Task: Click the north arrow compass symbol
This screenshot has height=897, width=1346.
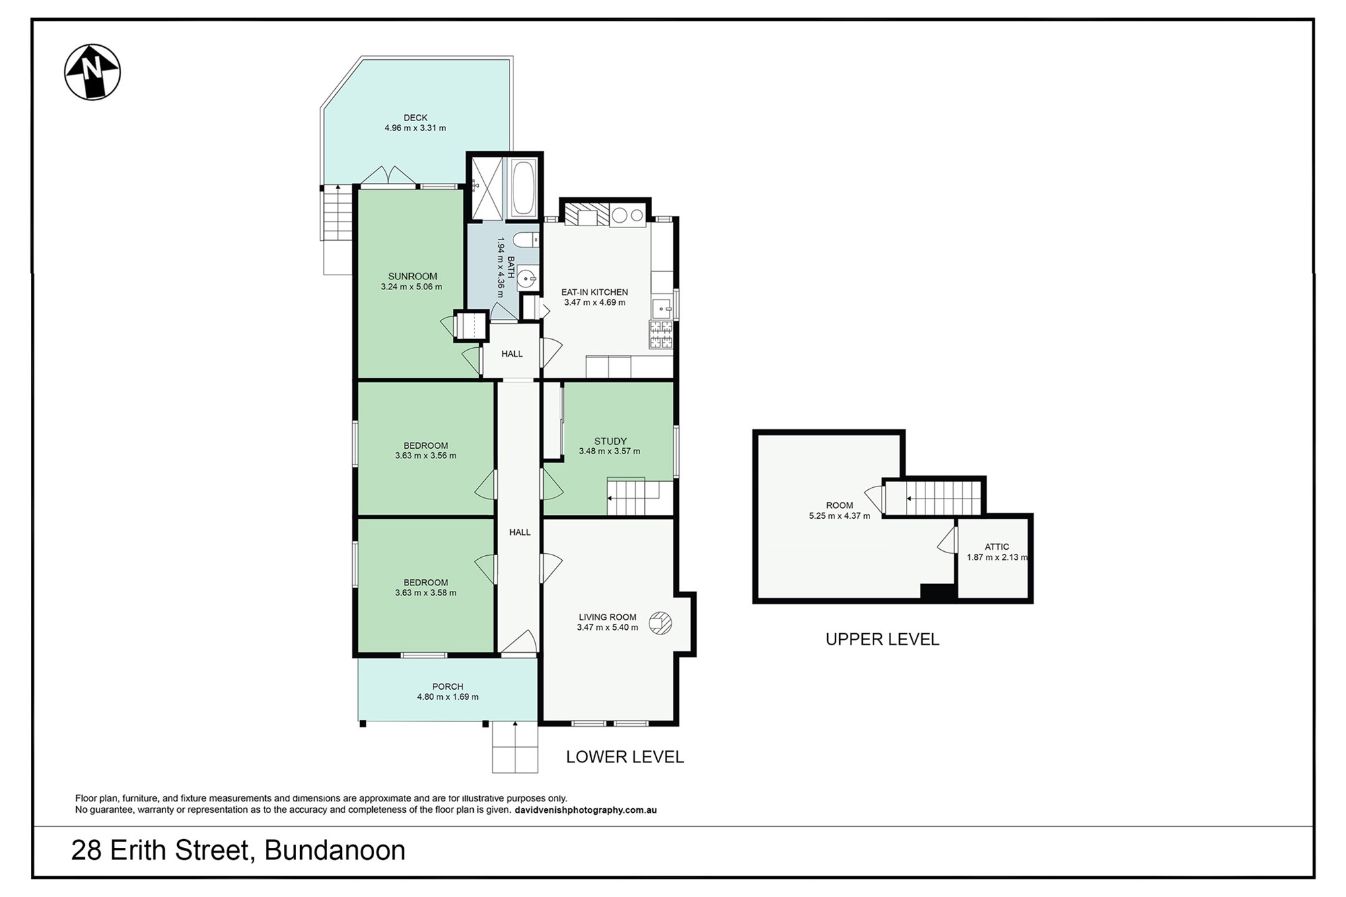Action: coord(92,72)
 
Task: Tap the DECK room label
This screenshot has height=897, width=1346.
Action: coord(415,118)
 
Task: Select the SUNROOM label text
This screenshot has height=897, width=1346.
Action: coord(413,276)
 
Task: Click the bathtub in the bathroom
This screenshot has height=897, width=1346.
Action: coord(524,188)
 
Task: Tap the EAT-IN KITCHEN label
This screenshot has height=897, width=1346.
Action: coord(595,292)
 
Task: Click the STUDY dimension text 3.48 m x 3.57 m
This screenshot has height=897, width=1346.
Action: coord(610,452)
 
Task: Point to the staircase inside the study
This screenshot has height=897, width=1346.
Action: coord(633,498)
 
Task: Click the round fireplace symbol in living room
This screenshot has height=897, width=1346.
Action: coord(660,622)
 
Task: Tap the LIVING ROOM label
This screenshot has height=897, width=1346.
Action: coord(608,617)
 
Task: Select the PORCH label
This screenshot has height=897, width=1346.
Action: coord(448,687)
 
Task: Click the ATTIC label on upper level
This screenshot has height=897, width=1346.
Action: coord(997,547)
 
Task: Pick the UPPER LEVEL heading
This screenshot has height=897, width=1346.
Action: coord(882,639)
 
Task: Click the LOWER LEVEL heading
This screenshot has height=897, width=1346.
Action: coord(625,757)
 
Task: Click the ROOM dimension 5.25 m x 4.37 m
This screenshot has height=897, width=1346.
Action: coord(839,516)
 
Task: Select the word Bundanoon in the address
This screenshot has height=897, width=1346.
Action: coord(335,851)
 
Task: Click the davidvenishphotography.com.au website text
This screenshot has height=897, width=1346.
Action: coord(586,810)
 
